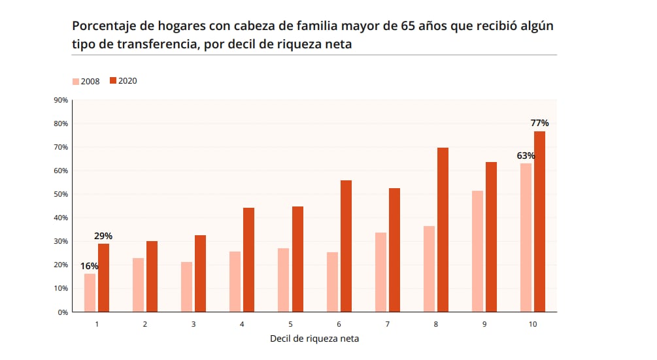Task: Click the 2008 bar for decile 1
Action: point(90,293)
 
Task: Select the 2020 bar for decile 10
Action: point(539,221)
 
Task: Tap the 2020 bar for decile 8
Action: point(443,230)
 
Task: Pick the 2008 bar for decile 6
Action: point(332,282)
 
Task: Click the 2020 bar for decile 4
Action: point(248,259)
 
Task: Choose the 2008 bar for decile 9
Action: point(477,251)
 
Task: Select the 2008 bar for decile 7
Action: point(380,272)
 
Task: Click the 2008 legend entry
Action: point(86,81)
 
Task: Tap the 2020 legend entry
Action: point(123,81)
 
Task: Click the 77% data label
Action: point(539,123)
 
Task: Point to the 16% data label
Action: point(90,266)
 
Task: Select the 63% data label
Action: point(526,155)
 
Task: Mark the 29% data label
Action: point(103,235)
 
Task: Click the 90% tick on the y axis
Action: point(61,100)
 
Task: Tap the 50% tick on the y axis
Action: point(61,194)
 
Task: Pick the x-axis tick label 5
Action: point(290,324)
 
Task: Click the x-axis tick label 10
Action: point(533,324)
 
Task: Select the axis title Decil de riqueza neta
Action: point(314,338)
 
